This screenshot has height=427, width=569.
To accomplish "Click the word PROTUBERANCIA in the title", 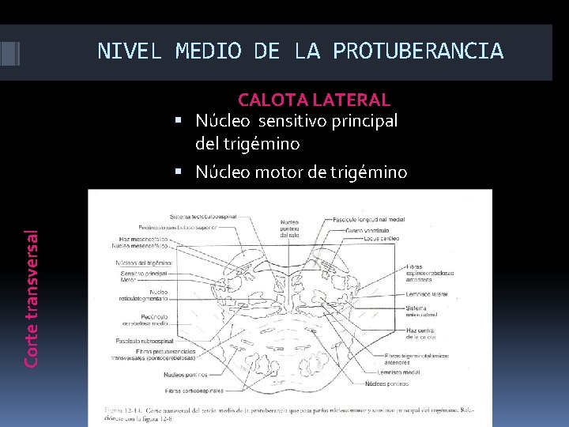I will pyautogui.click(x=418, y=51).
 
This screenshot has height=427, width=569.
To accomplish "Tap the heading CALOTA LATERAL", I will pyautogui.click(x=314, y=100).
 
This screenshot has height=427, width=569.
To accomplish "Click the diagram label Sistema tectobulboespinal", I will pyautogui.click(x=204, y=216).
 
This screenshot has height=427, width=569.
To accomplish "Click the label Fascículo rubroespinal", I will pyautogui.click(x=150, y=341).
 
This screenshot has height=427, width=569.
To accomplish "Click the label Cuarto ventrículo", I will pyautogui.click(x=367, y=229).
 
